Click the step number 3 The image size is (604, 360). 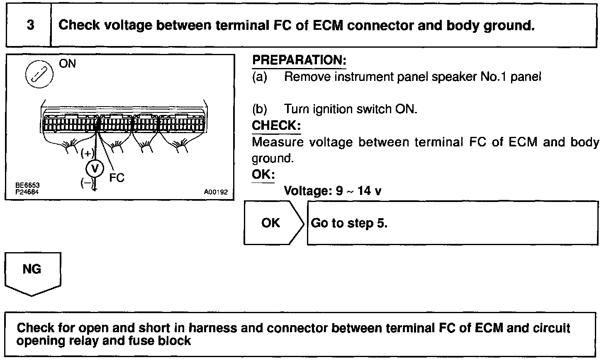click(x=30, y=25)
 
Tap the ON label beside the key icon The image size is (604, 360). click(x=68, y=64)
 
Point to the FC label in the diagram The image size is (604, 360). click(x=117, y=178)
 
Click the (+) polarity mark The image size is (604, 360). click(x=87, y=153)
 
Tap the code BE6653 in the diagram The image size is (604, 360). click(x=25, y=185)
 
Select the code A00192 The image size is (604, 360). click(x=216, y=192)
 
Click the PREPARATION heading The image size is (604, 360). click(x=299, y=60)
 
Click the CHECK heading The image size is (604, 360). click(x=276, y=125)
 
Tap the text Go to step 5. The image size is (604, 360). click(x=349, y=223)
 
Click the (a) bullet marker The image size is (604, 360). click(x=260, y=77)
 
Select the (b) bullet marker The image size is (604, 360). click(x=260, y=109)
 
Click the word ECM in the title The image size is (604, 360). click(x=326, y=25)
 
